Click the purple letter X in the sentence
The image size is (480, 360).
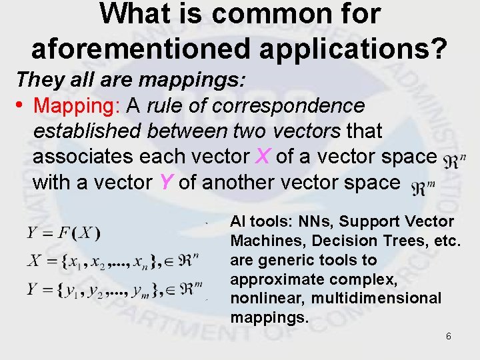(x=263, y=157)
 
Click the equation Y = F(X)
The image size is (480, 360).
(x=64, y=233)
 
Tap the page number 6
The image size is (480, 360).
(x=449, y=336)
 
